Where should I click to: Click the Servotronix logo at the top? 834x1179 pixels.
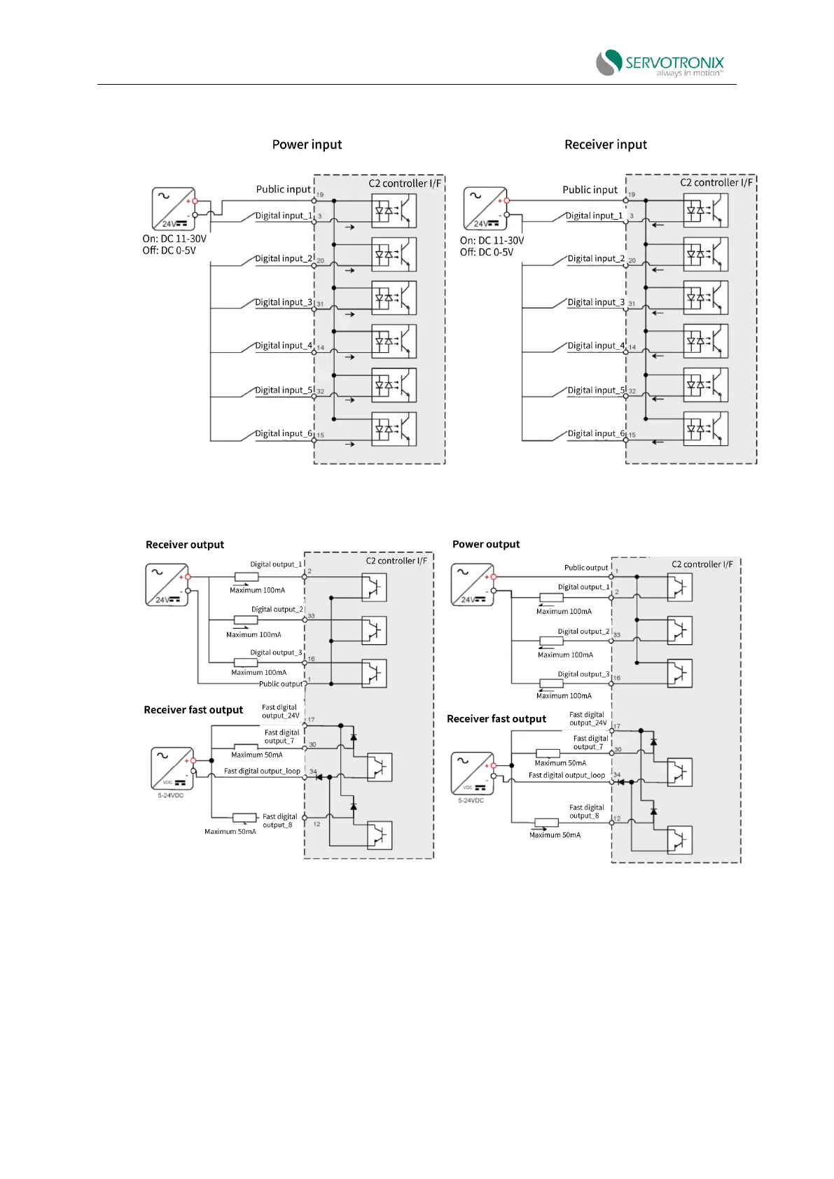[x=659, y=62]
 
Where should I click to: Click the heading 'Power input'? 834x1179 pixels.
[x=307, y=144]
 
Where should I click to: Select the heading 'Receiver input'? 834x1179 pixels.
[x=605, y=144]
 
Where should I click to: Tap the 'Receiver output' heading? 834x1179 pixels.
[x=185, y=545]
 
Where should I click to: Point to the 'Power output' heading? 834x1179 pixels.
[x=486, y=544]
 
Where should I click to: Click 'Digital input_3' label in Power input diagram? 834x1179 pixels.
[x=283, y=302]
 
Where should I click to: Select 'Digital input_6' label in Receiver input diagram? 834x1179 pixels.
[x=595, y=433]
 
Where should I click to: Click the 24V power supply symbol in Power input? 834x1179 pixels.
[x=173, y=208]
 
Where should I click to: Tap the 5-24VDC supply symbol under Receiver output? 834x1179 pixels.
[x=172, y=768]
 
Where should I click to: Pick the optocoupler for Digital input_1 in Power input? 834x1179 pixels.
[x=394, y=211]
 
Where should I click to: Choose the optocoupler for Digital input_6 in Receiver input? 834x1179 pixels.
[x=705, y=428]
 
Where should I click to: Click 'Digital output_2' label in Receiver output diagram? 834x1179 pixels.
[x=277, y=609]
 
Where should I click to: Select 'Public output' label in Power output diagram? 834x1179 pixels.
[x=586, y=568]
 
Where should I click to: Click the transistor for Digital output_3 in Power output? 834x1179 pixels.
[x=679, y=674]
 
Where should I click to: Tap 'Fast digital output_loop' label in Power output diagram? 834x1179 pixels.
[x=567, y=775]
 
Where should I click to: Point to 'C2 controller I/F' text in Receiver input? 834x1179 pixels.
[x=716, y=183]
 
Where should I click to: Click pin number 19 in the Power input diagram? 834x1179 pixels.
[x=320, y=195]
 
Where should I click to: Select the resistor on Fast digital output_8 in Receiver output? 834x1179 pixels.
[x=244, y=817]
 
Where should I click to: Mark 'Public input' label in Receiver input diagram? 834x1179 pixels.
[x=590, y=190]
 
